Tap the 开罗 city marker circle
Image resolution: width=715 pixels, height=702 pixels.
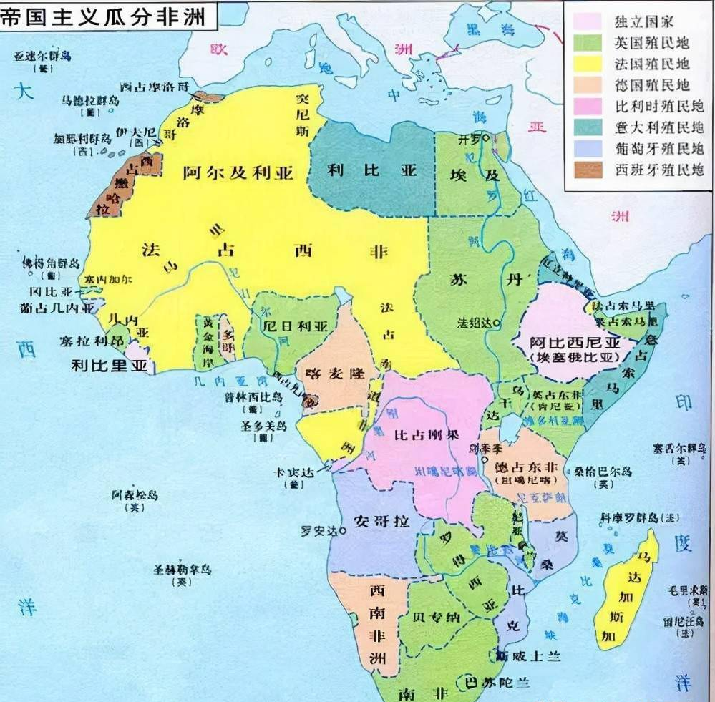tap(487, 137)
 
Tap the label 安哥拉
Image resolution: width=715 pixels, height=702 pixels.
tap(381, 521)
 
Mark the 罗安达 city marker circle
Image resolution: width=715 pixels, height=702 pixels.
tap(344, 531)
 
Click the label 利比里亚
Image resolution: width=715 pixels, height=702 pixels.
tap(112, 366)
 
